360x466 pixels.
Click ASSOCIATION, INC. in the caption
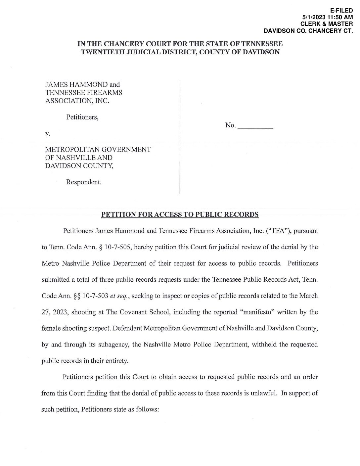(77, 101)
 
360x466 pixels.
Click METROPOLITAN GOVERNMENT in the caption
(98, 150)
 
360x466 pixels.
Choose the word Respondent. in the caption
(84, 182)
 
